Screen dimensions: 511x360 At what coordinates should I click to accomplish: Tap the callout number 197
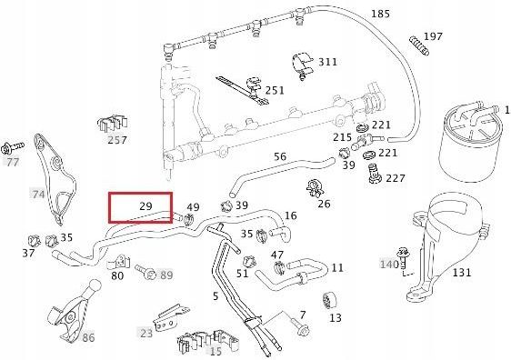tap(433, 36)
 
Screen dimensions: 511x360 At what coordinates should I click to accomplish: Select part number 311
tap(326, 62)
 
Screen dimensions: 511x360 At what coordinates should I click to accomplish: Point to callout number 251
tap(275, 91)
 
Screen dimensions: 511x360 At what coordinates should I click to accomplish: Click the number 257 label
tap(117, 140)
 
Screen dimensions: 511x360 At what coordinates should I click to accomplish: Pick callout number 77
tap(12, 162)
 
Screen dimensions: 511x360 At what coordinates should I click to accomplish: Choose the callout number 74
tap(38, 194)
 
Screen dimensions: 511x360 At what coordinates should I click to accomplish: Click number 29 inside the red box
tap(145, 207)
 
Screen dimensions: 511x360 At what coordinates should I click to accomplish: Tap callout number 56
tap(280, 156)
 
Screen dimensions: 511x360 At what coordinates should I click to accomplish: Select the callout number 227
tap(396, 177)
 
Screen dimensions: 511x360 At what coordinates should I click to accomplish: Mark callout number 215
tap(342, 137)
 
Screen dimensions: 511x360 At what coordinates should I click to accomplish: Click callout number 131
tap(462, 272)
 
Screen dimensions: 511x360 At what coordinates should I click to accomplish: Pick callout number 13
tap(336, 318)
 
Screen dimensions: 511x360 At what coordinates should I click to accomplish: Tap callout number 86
tap(88, 337)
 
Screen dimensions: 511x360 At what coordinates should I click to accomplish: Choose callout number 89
tap(166, 275)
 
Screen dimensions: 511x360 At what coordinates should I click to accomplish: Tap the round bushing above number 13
tap(326, 299)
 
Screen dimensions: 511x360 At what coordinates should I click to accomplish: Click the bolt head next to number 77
tap(12, 147)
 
